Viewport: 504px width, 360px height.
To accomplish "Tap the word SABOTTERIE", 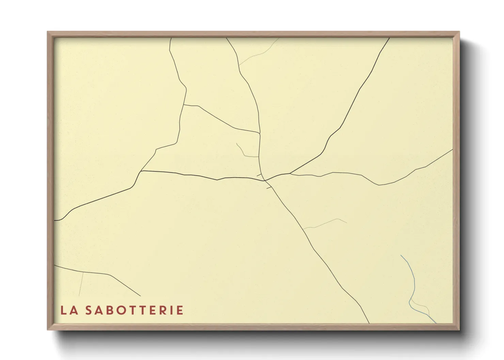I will [x=134, y=310].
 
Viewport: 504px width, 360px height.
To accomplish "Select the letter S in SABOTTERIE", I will [x=89, y=310].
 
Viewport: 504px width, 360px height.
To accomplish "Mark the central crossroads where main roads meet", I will [x=265, y=180].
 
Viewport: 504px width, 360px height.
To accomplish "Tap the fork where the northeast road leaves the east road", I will [x=290, y=174].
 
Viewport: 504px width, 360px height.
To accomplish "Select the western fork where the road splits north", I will [x=141, y=171].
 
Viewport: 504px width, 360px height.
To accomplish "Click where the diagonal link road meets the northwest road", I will [x=184, y=105].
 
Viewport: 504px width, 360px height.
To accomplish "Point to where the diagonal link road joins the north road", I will [x=260, y=133].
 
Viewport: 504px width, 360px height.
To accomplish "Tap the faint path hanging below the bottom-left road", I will [x=81, y=284].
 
